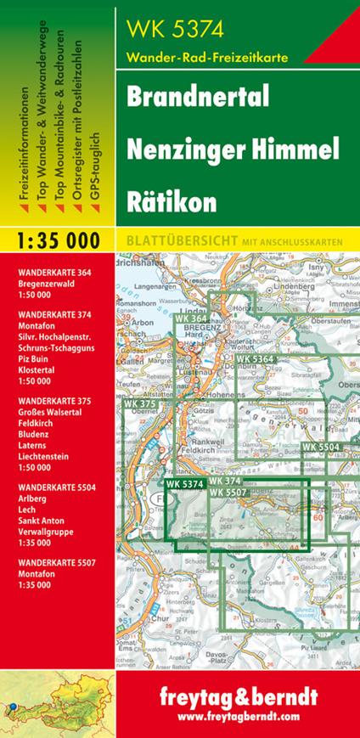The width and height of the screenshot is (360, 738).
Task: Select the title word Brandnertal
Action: pos(197,97)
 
